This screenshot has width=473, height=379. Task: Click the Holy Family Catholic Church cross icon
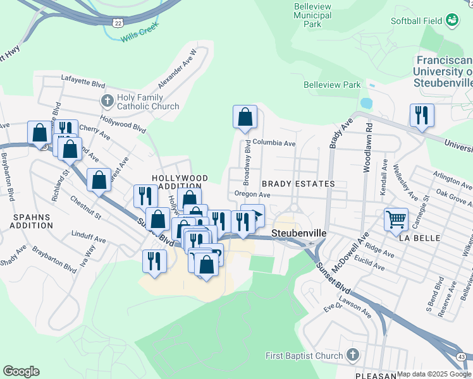pyautogui.click(x=107, y=100)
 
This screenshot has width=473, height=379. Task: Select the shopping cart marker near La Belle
pyautogui.click(x=396, y=220)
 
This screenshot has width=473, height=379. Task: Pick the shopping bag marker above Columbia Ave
pyautogui.click(x=245, y=117)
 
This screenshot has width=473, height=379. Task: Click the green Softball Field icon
pyautogui.click(x=452, y=21)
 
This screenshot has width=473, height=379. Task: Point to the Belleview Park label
pyautogui.click(x=332, y=85)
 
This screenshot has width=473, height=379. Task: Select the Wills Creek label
pyautogui.click(x=138, y=37)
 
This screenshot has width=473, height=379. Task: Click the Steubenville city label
pyautogui.click(x=298, y=233)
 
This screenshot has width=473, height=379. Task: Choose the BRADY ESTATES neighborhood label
pyautogui.click(x=298, y=183)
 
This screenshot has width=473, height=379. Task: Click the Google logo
pyautogui.click(x=21, y=371)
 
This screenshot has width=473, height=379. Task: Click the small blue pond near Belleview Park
pyautogui.click(x=366, y=102)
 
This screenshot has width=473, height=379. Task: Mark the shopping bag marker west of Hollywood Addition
pyautogui.click(x=99, y=180)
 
